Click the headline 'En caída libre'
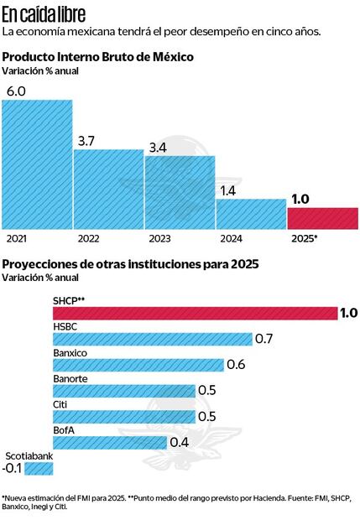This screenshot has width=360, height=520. [x=43, y=13]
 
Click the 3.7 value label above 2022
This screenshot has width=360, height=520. [x=86, y=142]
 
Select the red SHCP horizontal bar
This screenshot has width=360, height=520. [x=194, y=313]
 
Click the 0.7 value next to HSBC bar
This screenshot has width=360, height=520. [x=265, y=339]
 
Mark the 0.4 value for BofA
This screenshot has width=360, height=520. [x=179, y=442]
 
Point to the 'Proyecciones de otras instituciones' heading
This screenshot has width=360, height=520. [x=130, y=263]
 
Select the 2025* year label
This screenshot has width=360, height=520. [x=305, y=239]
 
